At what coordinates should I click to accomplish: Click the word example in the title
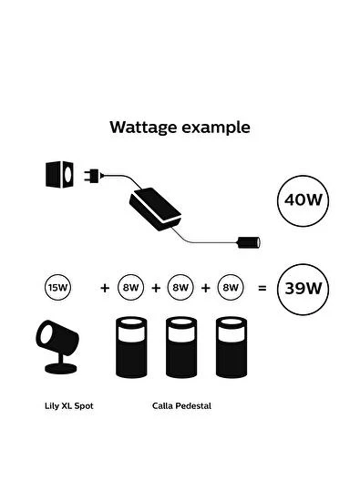216,128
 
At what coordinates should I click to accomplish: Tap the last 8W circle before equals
230,288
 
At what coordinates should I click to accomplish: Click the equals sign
262,288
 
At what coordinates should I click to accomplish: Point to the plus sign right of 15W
105,288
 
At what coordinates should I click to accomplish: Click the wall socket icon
60,172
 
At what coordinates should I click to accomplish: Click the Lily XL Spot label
68,405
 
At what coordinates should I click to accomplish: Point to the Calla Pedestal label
182,405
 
